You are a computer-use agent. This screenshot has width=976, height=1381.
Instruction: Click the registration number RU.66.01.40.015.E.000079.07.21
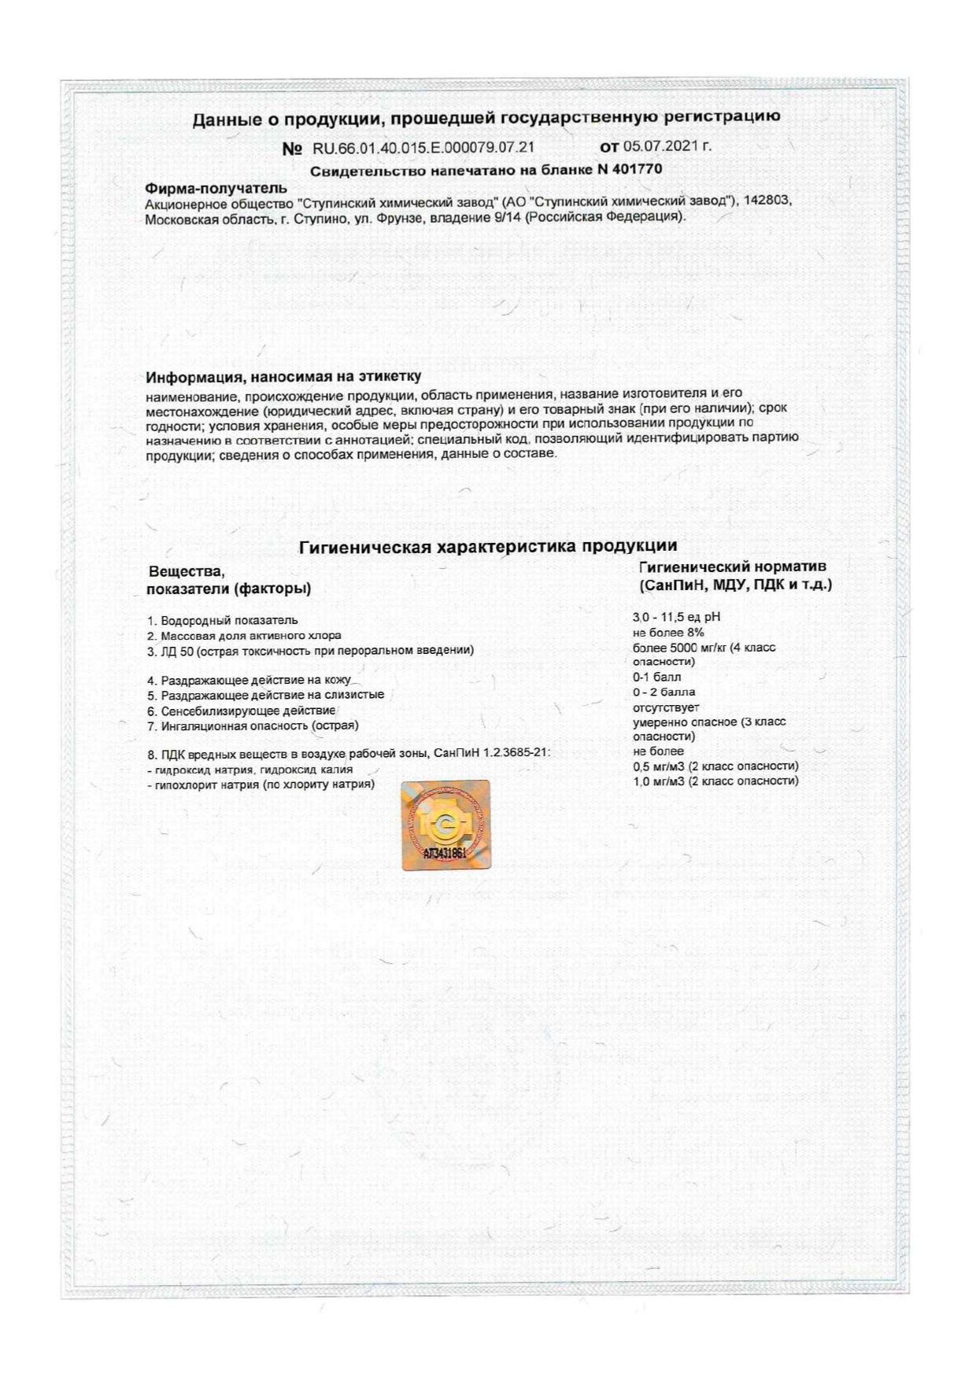click(x=423, y=148)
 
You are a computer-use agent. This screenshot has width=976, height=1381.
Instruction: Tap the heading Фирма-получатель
click(x=216, y=188)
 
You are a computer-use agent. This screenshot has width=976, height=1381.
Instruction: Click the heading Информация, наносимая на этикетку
click(x=283, y=377)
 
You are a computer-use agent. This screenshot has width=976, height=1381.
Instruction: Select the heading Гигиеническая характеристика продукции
click(x=487, y=546)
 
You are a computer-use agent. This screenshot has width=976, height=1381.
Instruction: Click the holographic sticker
click(x=445, y=825)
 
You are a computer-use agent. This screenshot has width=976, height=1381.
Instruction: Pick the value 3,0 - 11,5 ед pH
click(x=676, y=618)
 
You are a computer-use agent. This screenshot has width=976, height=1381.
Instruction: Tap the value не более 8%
click(x=668, y=633)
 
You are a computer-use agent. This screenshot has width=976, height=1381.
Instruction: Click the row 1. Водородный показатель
click(x=223, y=621)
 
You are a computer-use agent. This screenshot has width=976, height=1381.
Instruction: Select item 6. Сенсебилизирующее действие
click(x=242, y=711)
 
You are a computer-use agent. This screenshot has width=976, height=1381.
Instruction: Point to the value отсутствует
click(x=666, y=707)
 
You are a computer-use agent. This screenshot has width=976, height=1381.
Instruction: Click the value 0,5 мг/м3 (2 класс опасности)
click(x=715, y=766)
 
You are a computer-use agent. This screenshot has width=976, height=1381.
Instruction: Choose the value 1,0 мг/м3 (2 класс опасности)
click(x=715, y=781)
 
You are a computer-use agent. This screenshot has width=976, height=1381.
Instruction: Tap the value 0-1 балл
click(x=657, y=677)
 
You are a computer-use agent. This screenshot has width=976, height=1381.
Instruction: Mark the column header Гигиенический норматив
click(x=733, y=567)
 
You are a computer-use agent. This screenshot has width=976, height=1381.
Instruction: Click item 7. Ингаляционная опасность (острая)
click(x=253, y=726)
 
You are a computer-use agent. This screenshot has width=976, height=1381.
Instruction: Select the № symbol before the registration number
click(x=291, y=149)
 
